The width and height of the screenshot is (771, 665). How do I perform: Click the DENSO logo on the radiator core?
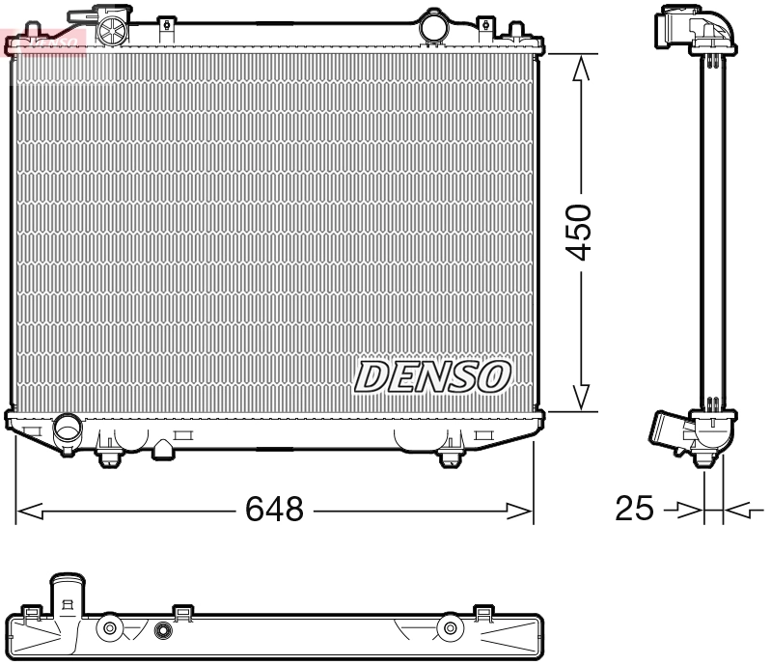[x=432, y=376]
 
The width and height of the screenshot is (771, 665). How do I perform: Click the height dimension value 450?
[x=580, y=233]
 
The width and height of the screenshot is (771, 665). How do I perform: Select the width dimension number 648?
[x=274, y=509]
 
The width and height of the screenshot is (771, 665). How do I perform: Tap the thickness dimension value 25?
[x=634, y=509]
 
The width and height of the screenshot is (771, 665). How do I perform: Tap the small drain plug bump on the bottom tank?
[x=164, y=448]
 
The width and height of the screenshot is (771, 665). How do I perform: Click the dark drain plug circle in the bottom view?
[x=162, y=632]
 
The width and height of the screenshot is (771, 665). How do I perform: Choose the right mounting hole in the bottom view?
[x=449, y=630]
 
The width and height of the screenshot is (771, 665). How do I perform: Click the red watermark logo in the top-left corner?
[x=43, y=41]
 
